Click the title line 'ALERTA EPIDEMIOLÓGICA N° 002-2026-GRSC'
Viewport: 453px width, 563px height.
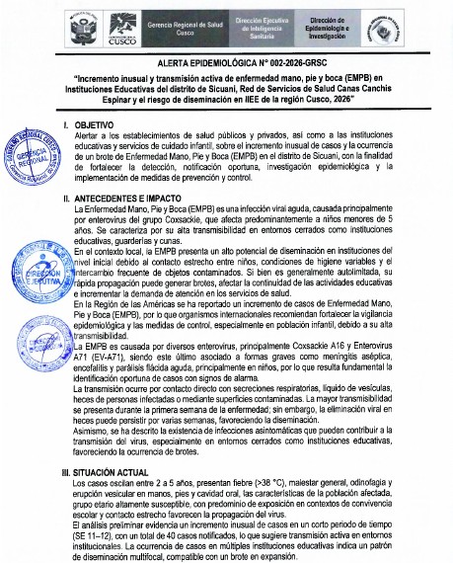(x=226, y=61)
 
